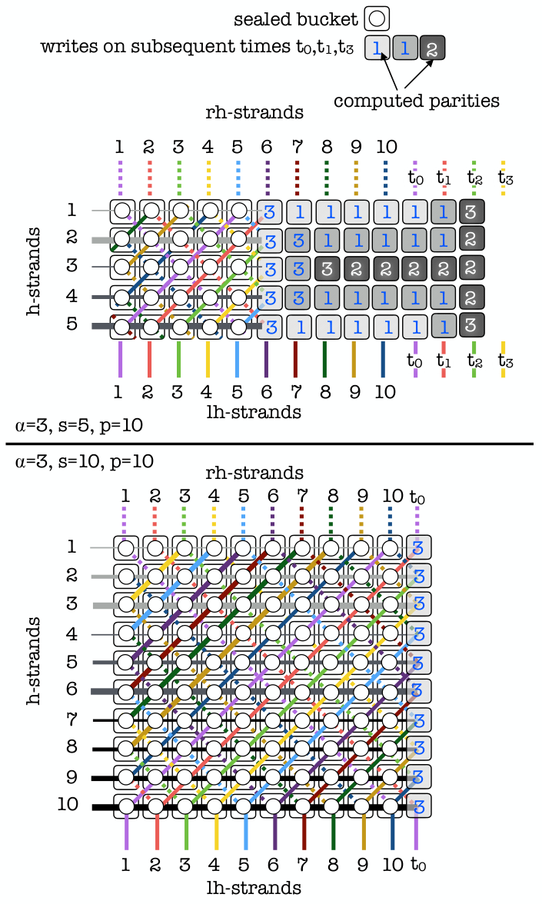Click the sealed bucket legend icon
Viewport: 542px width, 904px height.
377,18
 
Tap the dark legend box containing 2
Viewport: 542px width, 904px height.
432,48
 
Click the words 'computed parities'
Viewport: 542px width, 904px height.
417,101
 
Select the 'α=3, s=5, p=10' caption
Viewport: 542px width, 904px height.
79,426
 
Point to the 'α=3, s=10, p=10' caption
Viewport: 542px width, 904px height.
85,461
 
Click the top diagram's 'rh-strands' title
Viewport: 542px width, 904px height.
254,112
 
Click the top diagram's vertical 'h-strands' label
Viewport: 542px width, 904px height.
34,271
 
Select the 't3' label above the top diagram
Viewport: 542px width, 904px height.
505,178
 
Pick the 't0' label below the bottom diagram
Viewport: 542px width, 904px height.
418,865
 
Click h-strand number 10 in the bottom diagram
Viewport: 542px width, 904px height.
68,804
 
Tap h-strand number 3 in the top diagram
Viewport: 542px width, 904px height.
71,266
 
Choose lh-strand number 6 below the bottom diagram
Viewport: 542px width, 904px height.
274,865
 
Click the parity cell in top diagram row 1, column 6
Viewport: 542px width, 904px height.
269,211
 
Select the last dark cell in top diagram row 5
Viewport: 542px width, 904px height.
471,324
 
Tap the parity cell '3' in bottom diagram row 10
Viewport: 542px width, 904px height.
419,806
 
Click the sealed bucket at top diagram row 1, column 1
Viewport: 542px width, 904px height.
121,211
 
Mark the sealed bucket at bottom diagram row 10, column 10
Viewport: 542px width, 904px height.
391,805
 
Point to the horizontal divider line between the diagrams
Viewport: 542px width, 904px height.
269,444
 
